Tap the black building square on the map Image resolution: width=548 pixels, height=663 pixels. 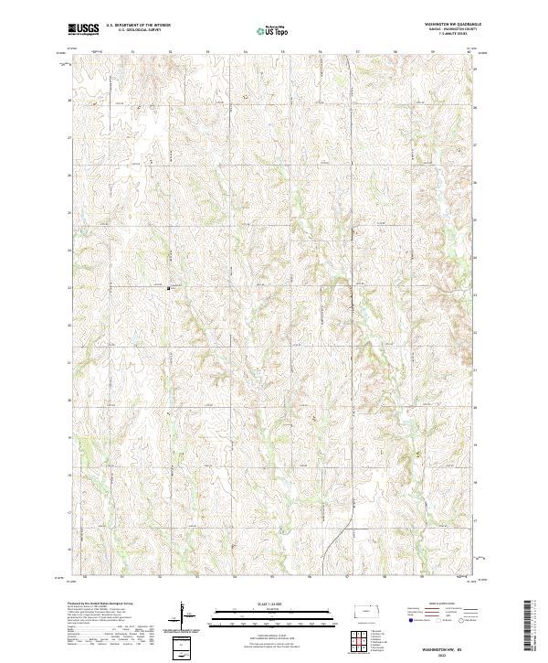[x=168, y=289]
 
